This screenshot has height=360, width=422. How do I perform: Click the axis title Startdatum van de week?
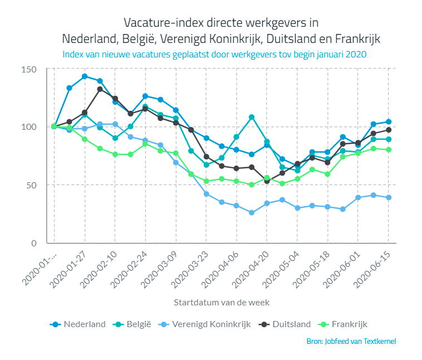click(x=222, y=302)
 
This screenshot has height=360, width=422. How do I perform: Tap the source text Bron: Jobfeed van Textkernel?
click(x=351, y=341)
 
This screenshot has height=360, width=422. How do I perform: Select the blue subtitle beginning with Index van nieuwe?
click(x=214, y=55)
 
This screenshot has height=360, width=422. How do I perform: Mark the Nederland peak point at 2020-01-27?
click(x=85, y=76)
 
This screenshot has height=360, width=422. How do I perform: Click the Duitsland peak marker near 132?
click(x=100, y=89)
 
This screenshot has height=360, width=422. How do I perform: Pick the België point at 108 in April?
click(x=252, y=117)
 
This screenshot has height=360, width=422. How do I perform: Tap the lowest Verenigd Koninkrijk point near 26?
click(x=252, y=213)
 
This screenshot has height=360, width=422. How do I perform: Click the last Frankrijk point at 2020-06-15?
click(x=389, y=149)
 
